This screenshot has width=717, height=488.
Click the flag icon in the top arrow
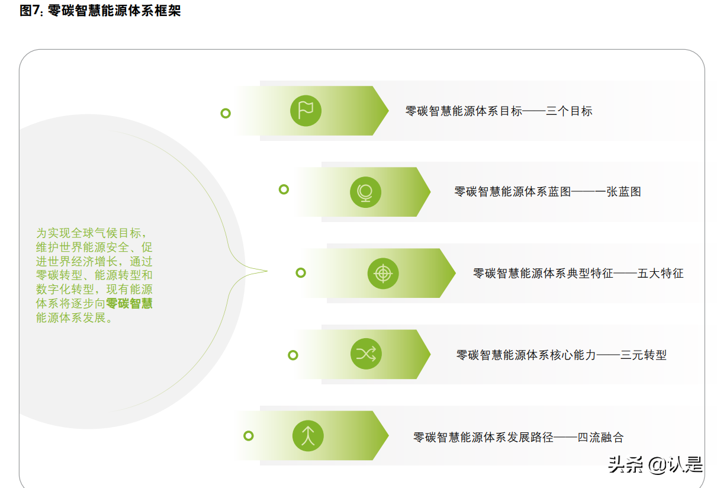306,110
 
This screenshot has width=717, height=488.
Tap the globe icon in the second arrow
365,192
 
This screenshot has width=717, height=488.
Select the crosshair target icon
382,273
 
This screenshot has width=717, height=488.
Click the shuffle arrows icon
365,354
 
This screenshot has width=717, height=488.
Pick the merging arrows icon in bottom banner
307,436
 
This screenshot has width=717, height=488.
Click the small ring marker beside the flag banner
226,113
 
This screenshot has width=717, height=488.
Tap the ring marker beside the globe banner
284,190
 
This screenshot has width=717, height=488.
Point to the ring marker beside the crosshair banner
301,272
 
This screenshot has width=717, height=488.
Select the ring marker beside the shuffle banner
292,355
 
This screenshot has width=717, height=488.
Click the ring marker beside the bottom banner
249,436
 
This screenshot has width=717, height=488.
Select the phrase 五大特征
660,274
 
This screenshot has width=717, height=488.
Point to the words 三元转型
643,355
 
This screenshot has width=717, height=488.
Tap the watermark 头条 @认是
655,465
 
